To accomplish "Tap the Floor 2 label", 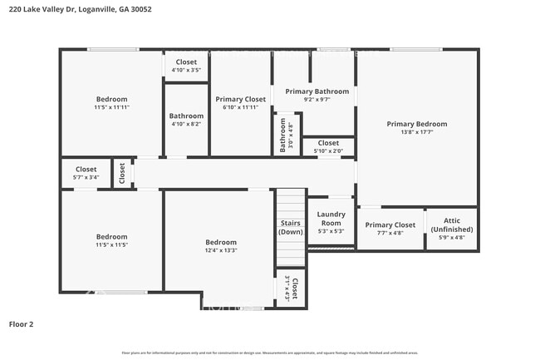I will coord(21,323).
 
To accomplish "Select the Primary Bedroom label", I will coord(416,124).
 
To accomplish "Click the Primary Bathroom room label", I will coord(317,91).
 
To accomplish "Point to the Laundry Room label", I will coord(331,219).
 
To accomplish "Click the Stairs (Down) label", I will coord(290,227).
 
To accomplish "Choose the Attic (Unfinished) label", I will coord(452,224).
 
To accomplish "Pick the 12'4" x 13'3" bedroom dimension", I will coord(221,250).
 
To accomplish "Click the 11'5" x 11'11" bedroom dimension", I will coord(111,107).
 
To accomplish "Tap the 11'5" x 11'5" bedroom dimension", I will coord(111,244).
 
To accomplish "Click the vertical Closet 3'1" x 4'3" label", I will coord(291,288).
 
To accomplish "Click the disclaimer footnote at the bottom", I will coord(269,353).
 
